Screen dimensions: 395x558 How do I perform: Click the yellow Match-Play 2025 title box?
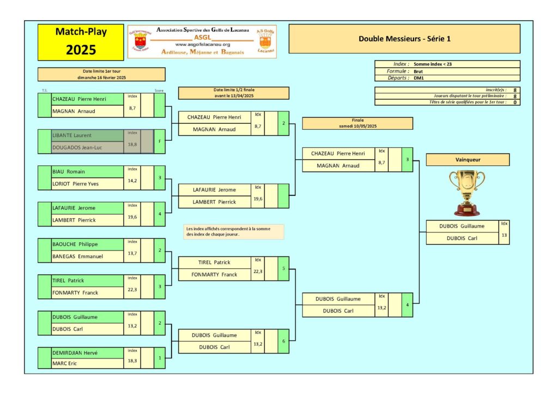point(81,41)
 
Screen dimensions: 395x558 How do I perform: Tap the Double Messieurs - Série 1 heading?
point(404,39)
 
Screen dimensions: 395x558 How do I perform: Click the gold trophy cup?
point(467,193)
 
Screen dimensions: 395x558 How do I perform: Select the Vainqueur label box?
point(467,159)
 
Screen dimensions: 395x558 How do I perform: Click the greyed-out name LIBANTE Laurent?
point(71,135)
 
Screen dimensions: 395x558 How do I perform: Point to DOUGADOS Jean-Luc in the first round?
point(76,147)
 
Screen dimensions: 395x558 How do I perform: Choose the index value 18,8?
point(132,145)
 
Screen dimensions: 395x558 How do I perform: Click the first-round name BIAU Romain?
point(65,171)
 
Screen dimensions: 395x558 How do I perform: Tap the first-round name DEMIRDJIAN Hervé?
point(75,353)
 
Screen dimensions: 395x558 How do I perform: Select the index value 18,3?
point(132,361)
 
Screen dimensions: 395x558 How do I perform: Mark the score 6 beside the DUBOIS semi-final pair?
point(283,341)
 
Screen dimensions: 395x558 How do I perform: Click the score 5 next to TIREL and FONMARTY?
point(283,268)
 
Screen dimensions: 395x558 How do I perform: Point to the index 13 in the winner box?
point(504,235)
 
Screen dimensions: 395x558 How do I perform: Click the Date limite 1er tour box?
point(101,74)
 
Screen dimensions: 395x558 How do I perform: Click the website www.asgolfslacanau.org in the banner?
point(203,44)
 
